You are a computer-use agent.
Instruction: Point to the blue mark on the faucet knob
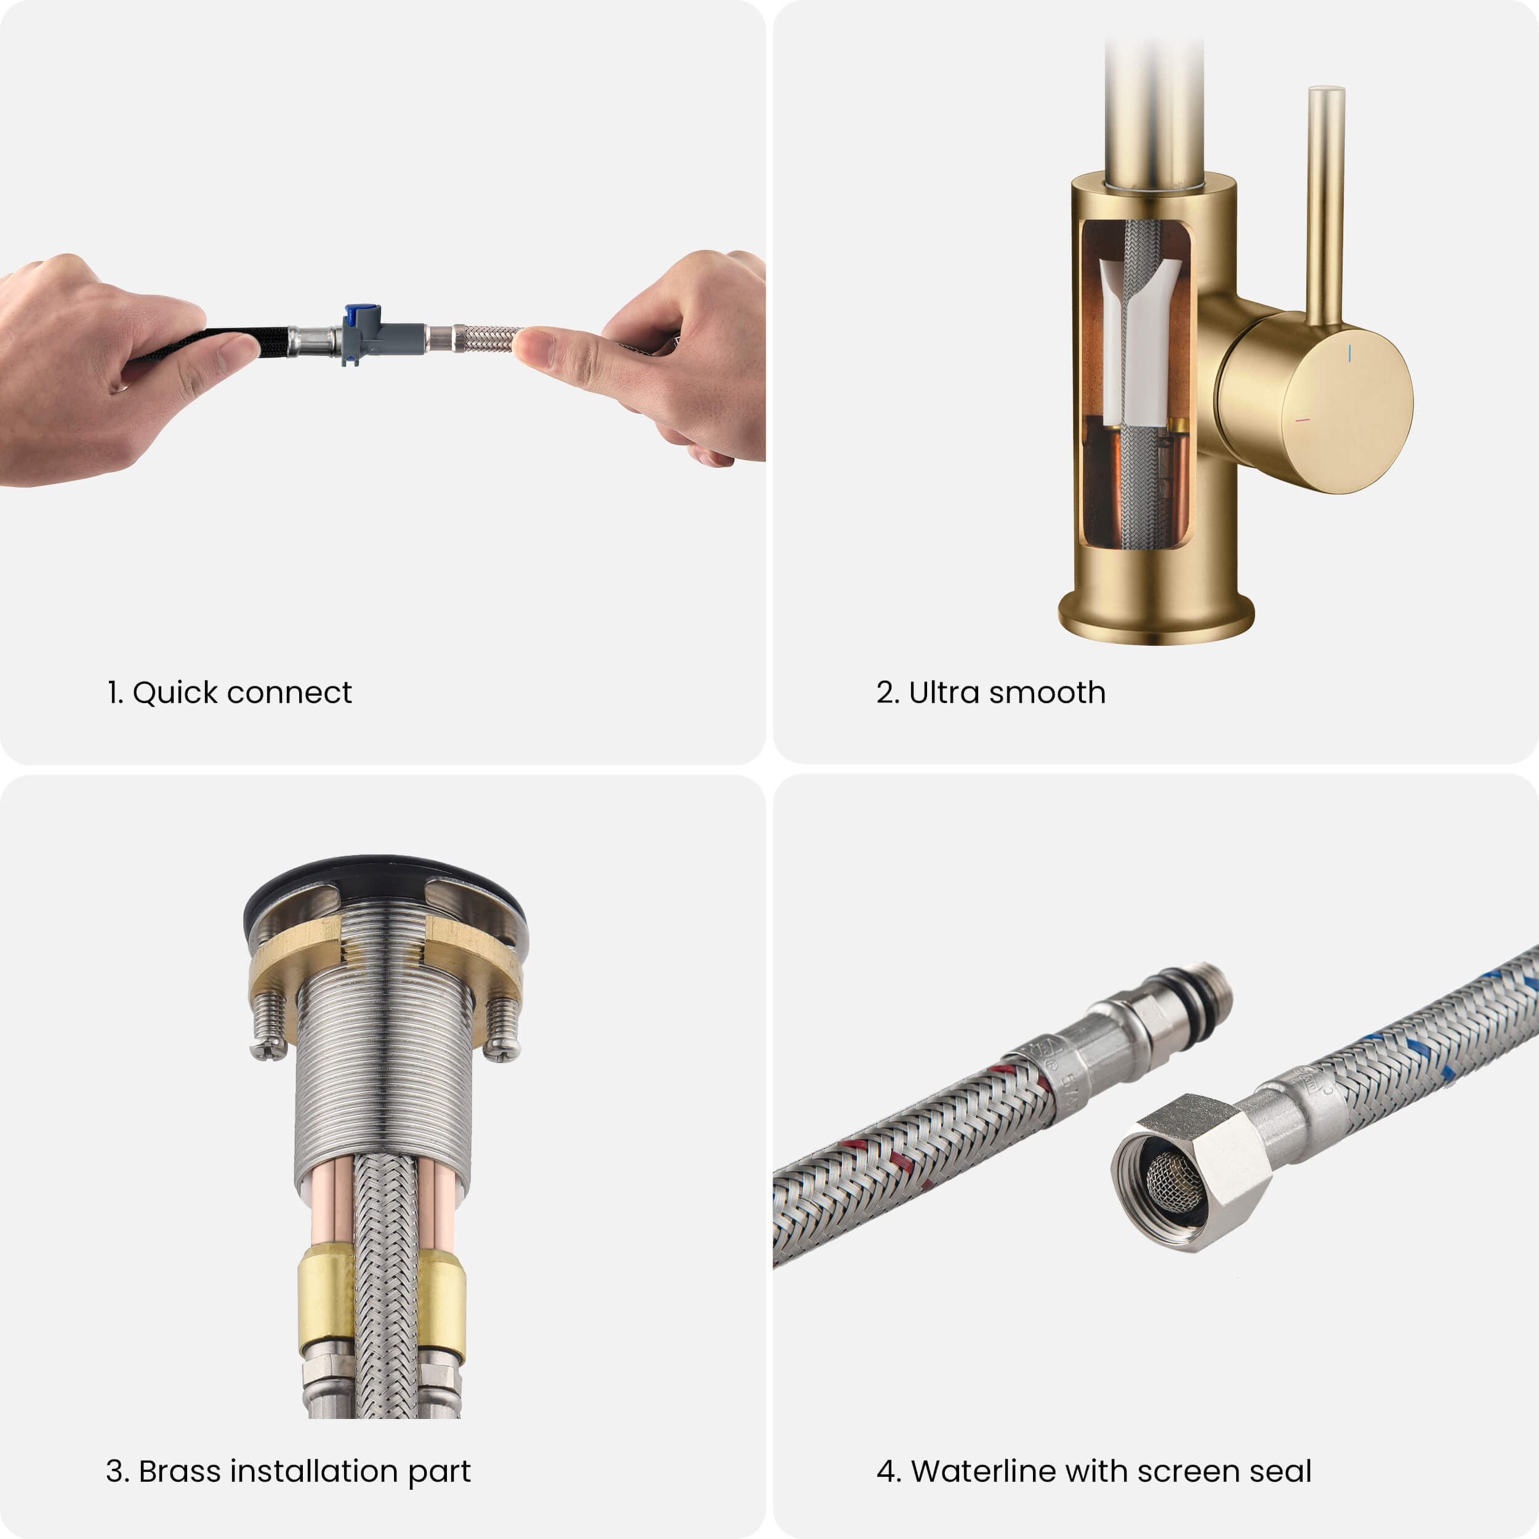[1349, 353]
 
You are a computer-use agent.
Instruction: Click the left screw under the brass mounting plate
[269, 1025]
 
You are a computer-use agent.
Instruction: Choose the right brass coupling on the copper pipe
[442, 1303]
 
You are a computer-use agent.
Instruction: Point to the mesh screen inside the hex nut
[1173, 1184]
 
